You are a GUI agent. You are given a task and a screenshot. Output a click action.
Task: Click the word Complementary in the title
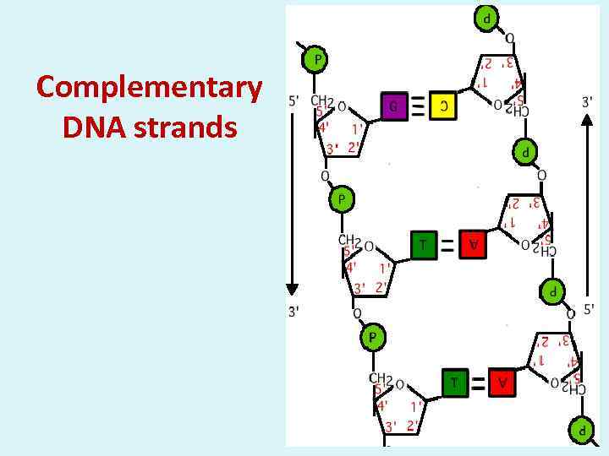coord(149,87)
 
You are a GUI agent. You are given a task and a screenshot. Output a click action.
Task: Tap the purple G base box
coord(392,106)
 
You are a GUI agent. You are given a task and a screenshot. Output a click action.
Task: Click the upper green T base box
coord(423,244)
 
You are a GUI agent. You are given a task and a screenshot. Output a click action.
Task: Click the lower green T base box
coord(454,383)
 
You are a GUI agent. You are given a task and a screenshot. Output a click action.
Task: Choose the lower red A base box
coord(503,383)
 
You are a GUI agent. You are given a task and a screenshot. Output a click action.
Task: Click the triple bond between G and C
coord(418,106)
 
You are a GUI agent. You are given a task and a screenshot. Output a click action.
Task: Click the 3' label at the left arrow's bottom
coord(294,312)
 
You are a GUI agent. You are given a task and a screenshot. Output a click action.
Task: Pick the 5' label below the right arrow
coord(589,309)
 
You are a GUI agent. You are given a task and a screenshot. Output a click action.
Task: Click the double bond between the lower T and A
coord(479,383)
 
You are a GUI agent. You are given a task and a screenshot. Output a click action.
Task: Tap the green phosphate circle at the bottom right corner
coord(581,429)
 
